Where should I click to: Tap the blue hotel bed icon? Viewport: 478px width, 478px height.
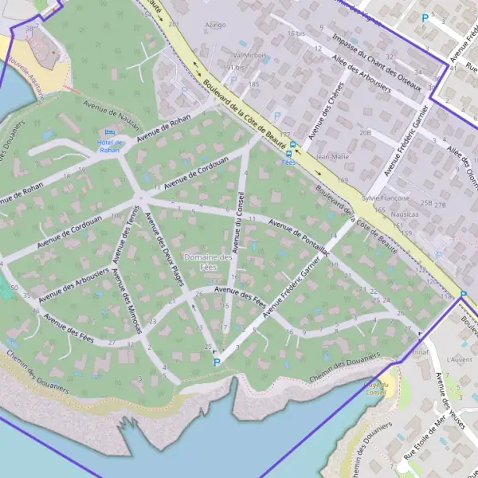pos(110,132)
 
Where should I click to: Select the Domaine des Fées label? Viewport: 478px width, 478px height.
pos(207,262)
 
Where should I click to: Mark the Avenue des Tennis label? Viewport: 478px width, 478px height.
pos(127,235)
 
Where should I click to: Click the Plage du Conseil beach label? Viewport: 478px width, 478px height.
pos(375,388)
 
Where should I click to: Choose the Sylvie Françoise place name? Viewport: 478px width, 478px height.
pos(386,197)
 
